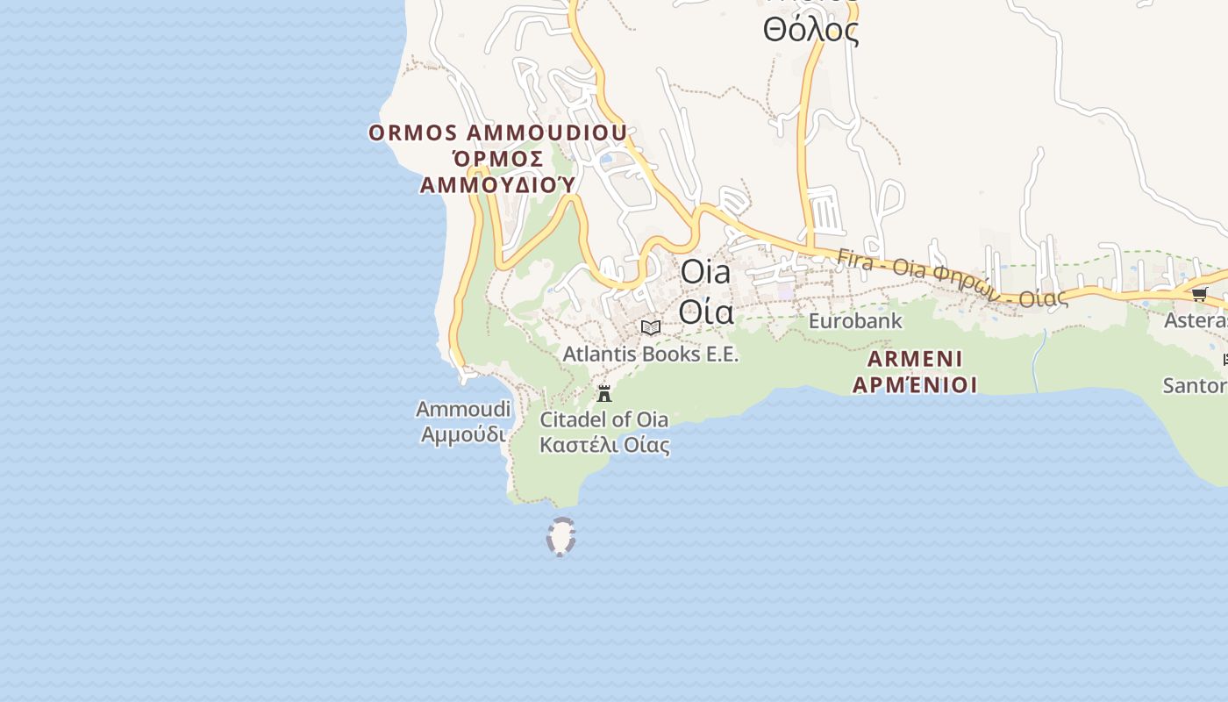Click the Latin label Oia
tap(705, 272)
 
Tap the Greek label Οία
tap(706, 311)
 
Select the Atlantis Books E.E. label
tap(650, 355)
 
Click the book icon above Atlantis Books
tap(651, 328)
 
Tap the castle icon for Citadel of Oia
tap(604, 393)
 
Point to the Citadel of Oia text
tap(603, 419)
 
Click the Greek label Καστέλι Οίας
tap(604, 445)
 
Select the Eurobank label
tap(855, 321)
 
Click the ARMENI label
tap(915, 359)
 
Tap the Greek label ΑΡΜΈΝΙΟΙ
tap(915, 384)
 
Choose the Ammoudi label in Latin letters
tap(463, 409)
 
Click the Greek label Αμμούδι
tap(463, 434)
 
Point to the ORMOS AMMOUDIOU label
tap(497, 133)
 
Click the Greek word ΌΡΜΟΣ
tap(497, 159)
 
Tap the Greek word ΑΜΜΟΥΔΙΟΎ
tap(497, 184)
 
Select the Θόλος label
tap(810, 31)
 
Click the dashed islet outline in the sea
tap(560, 537)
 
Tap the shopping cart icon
tap(1199, 294)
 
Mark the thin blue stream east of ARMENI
tap(1038, 360)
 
